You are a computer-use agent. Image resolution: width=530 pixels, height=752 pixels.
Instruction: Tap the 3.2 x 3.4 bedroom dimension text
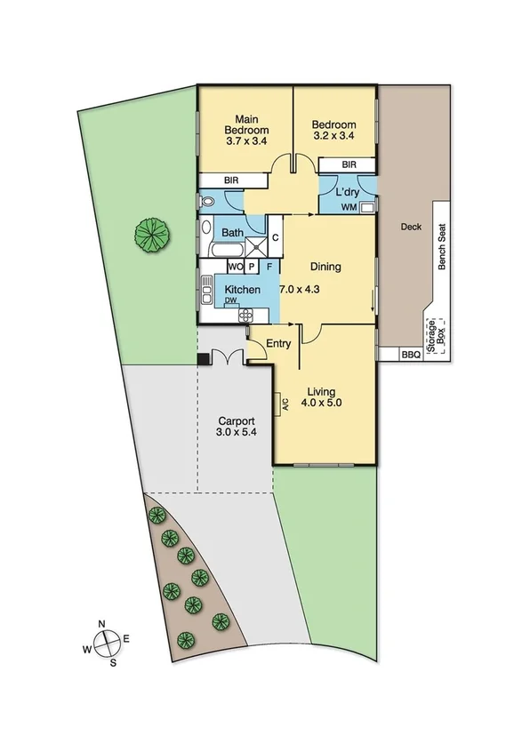[334, 137]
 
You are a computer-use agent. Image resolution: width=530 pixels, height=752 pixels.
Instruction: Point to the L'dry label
[346, 192]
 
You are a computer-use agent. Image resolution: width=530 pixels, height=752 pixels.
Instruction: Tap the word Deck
[410, 227]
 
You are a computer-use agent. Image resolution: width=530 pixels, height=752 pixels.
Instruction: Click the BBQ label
[410, 355]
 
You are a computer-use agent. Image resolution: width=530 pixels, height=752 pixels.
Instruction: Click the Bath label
[232, 234]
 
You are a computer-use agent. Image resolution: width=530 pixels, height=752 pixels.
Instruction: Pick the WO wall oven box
[236, 266]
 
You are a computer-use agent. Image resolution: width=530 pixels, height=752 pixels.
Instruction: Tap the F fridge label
[269, 266]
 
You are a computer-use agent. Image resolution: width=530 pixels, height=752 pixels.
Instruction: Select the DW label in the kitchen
[230, 301]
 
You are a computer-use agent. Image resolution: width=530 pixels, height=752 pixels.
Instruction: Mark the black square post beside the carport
[202, 359]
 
